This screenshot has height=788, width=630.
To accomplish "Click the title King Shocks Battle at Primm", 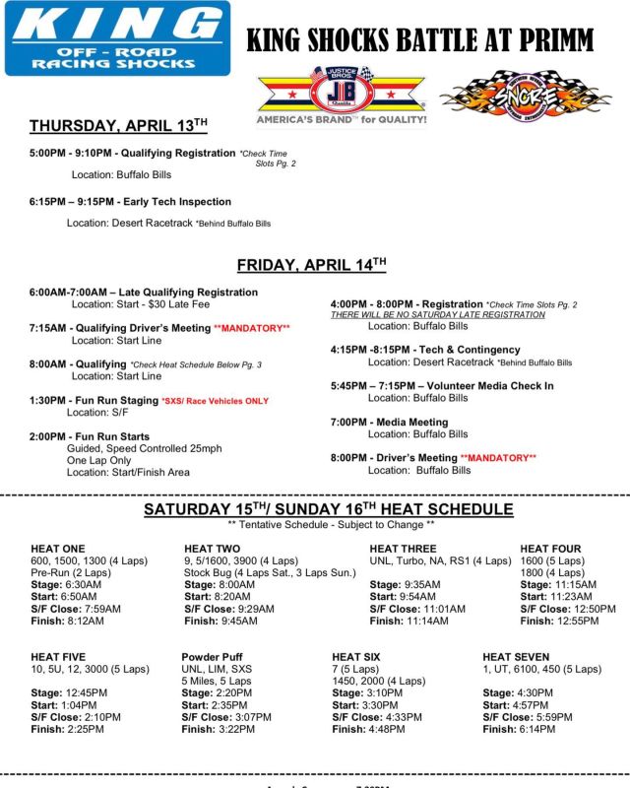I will (x=419, y=40).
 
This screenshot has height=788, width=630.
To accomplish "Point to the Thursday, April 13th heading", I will (x=118, y=125).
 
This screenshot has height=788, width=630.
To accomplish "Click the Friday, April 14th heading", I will (x=312, y=265).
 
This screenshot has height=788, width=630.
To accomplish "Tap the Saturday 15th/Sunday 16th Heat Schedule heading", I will (x=328, y=509).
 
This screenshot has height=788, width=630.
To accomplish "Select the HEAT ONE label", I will (x=58, y=549).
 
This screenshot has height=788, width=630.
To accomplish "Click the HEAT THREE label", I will (x=403, y=549).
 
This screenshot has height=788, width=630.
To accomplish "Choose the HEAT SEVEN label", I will (x=516, y=657).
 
